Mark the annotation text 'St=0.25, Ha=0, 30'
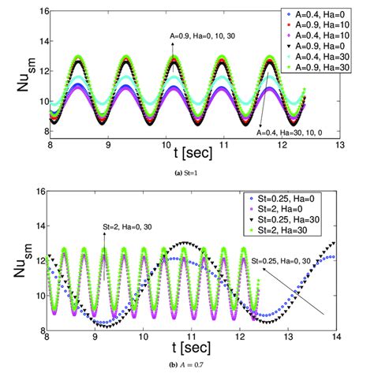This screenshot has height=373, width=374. tap(287, 259)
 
